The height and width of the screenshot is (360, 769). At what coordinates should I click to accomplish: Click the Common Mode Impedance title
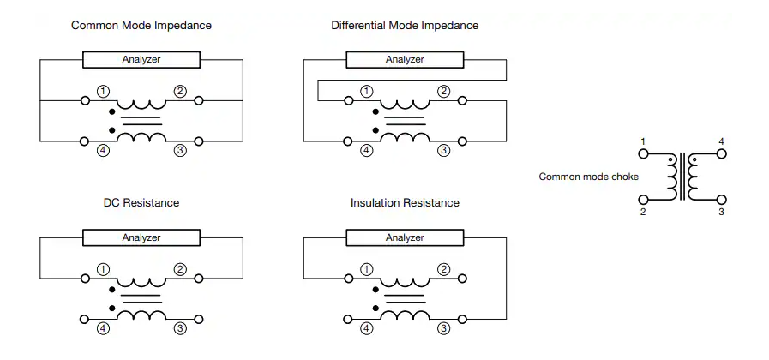(141, 26)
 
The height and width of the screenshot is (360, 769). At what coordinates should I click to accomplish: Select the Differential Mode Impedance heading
(405, 26)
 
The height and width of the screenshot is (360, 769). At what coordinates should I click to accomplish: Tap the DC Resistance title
(141, 202)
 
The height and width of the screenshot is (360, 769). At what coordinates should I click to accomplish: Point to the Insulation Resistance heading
(405, 202)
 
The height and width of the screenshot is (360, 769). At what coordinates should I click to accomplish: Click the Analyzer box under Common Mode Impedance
(141, 60)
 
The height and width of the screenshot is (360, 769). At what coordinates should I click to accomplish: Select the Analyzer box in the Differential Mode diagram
(405, 60)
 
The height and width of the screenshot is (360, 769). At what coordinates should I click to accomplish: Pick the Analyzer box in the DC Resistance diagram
(141, 238)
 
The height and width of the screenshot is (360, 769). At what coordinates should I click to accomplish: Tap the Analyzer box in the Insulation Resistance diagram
(405, 238)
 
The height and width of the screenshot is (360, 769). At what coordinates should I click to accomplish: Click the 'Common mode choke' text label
(588, 177)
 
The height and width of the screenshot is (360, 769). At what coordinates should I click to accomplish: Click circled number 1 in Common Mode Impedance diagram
(103, 91)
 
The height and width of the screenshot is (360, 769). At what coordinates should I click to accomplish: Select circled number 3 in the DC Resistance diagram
(180, 328)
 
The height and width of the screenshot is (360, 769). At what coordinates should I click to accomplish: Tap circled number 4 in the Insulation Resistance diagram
(366, 328)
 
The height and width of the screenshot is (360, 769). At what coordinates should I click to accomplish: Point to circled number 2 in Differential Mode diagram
(443, 91)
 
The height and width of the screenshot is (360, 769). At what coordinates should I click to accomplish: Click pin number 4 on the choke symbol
(721, 141)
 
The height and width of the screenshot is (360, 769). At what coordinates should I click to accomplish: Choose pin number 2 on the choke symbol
(643, 212)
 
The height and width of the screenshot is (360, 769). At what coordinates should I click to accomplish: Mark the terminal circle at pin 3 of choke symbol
(721, 200)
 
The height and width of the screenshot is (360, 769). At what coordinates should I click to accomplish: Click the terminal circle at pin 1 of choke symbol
(643, 154)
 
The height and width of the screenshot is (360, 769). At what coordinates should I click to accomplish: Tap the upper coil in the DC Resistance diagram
(141, 281)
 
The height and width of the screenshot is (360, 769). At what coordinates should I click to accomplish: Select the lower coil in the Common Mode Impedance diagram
(141, 137)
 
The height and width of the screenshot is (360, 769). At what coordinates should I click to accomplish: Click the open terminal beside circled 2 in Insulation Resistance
(462, 279)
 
